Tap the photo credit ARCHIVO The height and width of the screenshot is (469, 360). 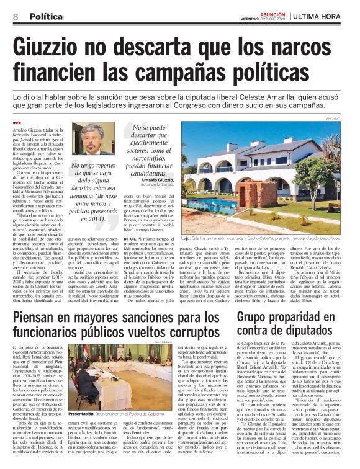[x=350, y=117]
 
